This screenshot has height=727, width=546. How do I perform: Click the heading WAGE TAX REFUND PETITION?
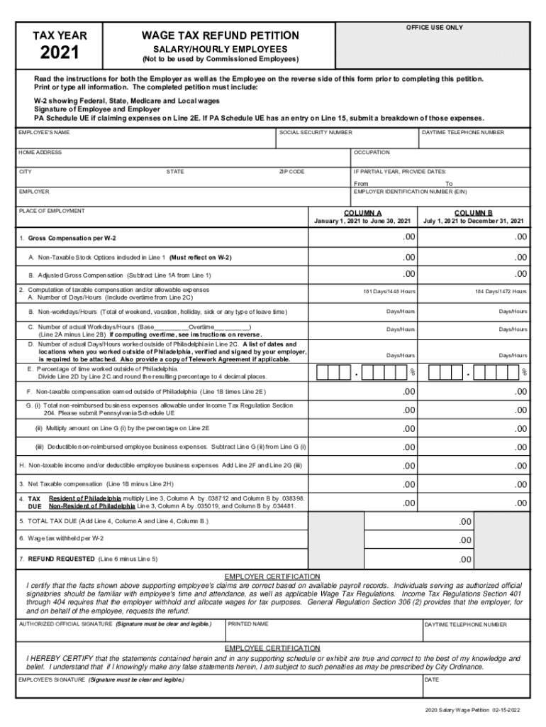coord(220,35)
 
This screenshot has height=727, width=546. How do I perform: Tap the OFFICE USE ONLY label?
coord(434,27)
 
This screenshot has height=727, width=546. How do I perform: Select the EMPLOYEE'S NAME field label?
coord(43,133)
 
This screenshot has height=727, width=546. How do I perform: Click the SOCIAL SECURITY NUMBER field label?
coord(316,133)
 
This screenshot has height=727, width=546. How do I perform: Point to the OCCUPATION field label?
coord(372,153)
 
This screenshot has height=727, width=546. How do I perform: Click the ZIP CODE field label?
coord(291,172)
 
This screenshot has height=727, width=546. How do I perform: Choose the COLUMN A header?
coord(362,212)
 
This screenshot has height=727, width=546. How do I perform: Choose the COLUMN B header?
coord(473,212)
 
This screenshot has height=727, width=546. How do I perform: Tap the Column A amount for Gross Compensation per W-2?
coord(408,236)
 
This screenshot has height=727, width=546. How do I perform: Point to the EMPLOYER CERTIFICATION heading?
coord(272,576)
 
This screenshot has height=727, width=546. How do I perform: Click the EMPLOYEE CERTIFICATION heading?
coord(272,648)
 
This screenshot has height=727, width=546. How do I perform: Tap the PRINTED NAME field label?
coord(247,624)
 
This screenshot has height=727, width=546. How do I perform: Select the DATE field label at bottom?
coord(432,679)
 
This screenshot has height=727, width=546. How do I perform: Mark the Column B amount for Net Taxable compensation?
coord(520,484)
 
